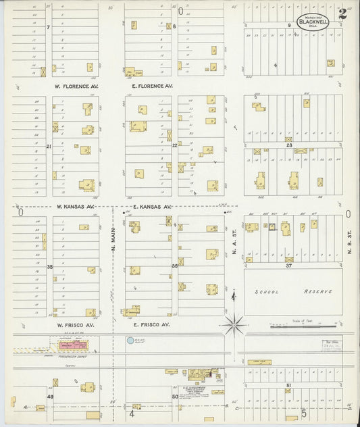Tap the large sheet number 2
pyautogui.click(x=343, y=12)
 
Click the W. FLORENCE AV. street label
pyautogui.click(x=78, y=86)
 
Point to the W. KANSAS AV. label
pyautogui.click(x=76, y=206)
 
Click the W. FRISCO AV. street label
pyautogui.click(x=76, y=325)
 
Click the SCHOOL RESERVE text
pyautogui.click(x=293, y=292)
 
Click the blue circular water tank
pyautogui.click(x=130, y=341)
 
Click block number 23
pyautogui.click(x=288, y=145)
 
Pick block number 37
pyautogui.click(x=288, y=266)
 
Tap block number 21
pyautogui.click(x=49, y=146)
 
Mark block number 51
pyautogui.click(x=288, y=385)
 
